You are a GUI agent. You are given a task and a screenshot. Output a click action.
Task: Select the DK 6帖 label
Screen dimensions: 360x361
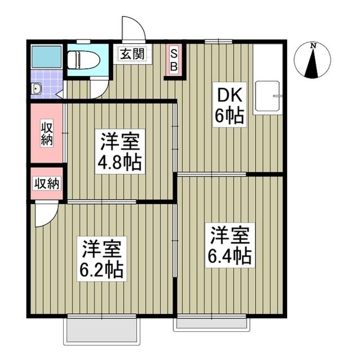point(228,105)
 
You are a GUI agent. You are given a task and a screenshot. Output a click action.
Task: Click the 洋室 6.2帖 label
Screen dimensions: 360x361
point(102,259)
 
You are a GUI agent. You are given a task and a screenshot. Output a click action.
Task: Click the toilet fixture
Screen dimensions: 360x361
point(83,59)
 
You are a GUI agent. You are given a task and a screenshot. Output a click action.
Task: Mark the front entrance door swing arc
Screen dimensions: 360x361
point(133,28)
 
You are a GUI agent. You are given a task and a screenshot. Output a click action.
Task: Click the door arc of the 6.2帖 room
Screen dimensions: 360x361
point(45,215)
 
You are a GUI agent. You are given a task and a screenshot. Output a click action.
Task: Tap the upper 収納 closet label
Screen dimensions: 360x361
point(46,133)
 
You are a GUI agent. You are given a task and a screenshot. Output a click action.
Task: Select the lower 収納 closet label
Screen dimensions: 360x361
point(46,183)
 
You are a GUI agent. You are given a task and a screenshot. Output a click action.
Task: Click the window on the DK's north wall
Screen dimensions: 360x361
point(219,41)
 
